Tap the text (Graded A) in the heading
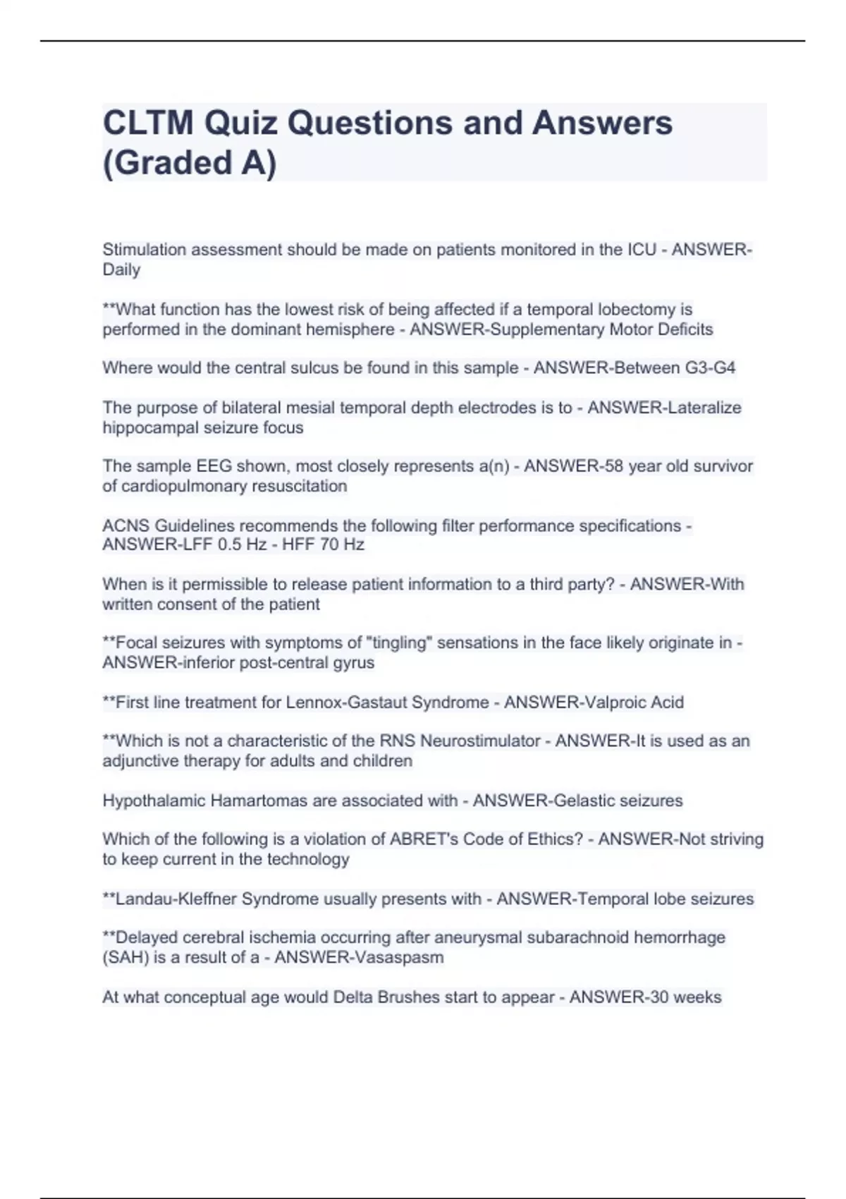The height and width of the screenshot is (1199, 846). pos(190,163)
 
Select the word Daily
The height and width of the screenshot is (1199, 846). pos(121,269)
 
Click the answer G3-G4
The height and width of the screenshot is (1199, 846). pos(710,367)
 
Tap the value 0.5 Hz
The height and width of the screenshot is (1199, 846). pos(243,544)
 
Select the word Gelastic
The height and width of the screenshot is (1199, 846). pos(584,801)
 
